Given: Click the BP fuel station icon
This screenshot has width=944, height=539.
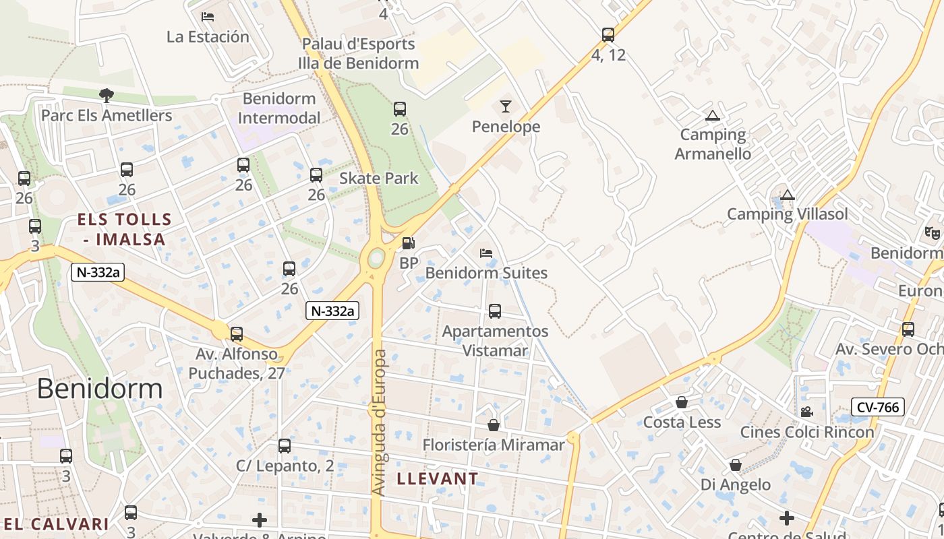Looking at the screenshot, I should (x=408, y=243).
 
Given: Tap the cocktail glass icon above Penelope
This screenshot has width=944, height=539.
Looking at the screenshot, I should (x=506, y=106).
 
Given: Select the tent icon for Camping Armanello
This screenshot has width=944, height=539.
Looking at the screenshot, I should (x=712, y=115).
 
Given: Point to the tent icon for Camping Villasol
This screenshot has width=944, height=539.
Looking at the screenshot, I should (x=787, y=195).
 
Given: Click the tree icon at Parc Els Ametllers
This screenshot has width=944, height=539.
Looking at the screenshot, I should (x=106, y=95).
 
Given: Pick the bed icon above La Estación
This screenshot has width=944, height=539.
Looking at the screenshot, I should (x=208, y=16).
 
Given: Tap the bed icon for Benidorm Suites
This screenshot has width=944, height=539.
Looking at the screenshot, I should (x=485, y=253).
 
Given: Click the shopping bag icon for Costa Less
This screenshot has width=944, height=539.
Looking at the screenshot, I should (x=682, y=402).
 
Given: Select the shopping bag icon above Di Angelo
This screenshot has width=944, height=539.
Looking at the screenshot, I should (x=736, y=465).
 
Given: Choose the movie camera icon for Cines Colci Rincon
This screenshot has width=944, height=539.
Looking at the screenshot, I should (x=806, y=412).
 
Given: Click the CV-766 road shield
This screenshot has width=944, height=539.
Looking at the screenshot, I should (x=877, y=407).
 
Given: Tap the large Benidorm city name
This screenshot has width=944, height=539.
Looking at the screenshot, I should (x=100, y=389).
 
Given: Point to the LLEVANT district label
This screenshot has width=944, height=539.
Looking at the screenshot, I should (x=438, y=479).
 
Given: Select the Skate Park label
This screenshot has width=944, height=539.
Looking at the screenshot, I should (x=378, y=179).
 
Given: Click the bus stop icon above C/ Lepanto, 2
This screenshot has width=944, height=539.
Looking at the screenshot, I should (x=285, y=445).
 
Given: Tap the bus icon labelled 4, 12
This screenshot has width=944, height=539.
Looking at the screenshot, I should (x=608, y=34).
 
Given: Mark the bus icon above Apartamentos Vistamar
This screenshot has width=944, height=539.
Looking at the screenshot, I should (x=494, y=311).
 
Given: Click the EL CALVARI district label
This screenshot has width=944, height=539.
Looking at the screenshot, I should (x=56, y=524).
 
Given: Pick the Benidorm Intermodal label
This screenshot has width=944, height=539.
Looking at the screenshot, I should (x=279, y=108).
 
